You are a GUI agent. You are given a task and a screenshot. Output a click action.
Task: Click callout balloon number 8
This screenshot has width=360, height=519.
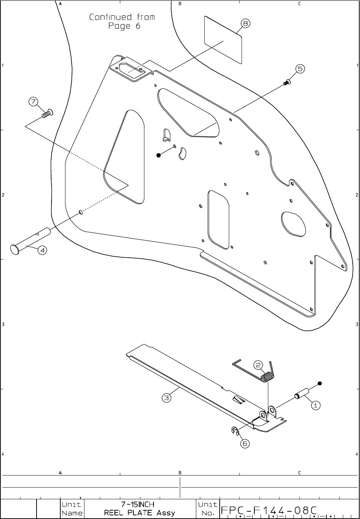[x=245, y=23]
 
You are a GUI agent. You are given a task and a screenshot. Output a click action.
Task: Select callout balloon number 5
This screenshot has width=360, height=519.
[x=300, y=69]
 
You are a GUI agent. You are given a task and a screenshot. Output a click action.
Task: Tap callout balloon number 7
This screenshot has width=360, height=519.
[x=33, y=102]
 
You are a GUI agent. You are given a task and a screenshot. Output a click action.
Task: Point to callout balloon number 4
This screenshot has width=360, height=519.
[x=42, y=250]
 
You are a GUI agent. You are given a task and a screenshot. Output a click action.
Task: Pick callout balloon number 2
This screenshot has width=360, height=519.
[x=258, y=365]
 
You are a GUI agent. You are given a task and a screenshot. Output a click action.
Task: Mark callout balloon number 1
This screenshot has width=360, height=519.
[x=316, y=405]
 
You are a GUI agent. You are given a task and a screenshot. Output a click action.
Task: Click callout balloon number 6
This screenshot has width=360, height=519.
[x=245, y=443]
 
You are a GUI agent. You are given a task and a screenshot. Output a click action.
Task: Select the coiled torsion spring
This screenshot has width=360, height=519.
[x=267, y=376]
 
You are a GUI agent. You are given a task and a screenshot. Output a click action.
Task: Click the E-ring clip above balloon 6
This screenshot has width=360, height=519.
[x=235, y=431]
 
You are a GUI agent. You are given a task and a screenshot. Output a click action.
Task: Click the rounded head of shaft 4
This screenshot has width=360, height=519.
[x=15, y=249]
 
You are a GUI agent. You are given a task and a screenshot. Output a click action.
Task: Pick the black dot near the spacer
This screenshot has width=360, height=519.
[x=320, y=383]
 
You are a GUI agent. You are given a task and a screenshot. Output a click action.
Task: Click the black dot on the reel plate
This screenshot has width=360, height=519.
[x=159, y=155]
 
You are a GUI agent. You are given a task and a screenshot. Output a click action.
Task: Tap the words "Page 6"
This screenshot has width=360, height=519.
[x=124, y=26]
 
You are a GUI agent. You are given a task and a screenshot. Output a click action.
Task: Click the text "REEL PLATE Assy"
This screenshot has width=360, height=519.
[x=140, y=513]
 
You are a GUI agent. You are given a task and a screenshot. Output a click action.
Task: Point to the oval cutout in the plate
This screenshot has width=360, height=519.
[x=293, y=223]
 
